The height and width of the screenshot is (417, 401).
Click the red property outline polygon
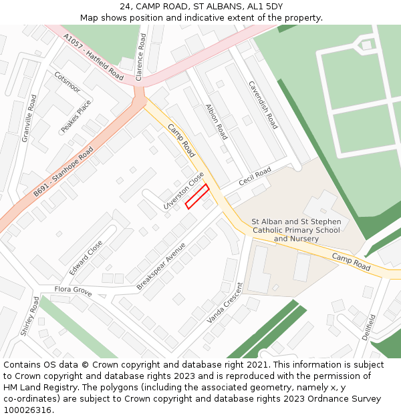click(197, 196)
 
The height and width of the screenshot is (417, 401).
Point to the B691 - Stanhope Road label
click(63, 172)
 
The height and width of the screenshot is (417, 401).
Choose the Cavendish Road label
click(263, 105)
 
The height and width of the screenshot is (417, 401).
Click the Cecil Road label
click(255, 177)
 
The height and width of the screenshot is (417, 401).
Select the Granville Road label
click(29, 117)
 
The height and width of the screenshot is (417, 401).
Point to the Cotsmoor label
click(67, 83)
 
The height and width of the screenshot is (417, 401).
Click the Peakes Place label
click(76, 116)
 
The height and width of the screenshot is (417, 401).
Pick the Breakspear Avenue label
click(161, 266)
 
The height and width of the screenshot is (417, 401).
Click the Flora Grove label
click(74, 291)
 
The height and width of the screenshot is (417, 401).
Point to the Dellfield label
click(368, 327)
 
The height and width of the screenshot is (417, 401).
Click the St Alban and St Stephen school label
click(296, 230)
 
